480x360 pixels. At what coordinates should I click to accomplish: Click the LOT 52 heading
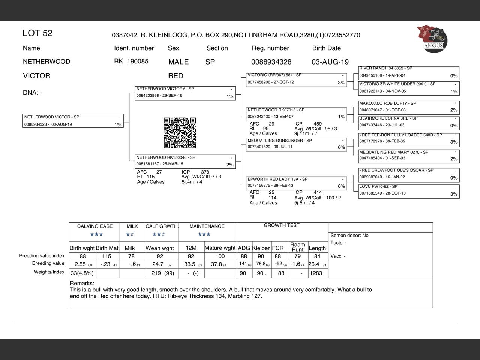point(37,33)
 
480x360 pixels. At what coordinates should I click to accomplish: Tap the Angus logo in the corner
point(432,39)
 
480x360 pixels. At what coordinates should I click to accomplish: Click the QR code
point(180,133)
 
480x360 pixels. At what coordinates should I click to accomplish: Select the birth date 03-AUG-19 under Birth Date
point(330,62)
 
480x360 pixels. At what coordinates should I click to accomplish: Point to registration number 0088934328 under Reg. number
point(271,62)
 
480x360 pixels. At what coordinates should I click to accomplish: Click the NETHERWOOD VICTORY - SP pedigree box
point(185,93)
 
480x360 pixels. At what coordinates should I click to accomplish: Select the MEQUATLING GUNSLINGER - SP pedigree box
point(296,144)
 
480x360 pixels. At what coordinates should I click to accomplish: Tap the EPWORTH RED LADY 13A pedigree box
point(296,183)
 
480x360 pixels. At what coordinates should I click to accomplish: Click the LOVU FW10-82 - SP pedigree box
point(409,190)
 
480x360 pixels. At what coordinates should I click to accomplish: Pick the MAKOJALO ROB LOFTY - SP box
point(409,107)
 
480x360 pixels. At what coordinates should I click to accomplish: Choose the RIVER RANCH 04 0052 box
point(409,72)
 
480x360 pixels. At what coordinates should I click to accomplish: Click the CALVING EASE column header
point(95,226)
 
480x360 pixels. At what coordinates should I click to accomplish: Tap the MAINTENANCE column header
point(207,226)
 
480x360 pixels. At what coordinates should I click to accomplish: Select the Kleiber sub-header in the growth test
point(261,248)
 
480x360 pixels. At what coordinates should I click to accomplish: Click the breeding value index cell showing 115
point(107,256)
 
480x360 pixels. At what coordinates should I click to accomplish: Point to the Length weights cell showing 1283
point(316,273)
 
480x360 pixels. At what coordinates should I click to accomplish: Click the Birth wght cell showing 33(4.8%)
point(82,273)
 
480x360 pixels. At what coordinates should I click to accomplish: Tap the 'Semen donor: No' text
point(349,235)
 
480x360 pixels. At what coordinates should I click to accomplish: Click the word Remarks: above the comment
point(82,283)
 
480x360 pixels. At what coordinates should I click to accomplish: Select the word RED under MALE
point(175,76)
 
